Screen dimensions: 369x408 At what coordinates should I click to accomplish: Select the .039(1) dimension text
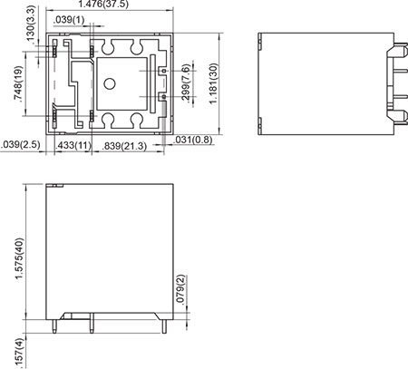coord(70,20)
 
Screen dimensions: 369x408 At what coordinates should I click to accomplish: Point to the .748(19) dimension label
coord(19,83)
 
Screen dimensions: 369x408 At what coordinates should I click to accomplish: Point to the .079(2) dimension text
coord(180,289)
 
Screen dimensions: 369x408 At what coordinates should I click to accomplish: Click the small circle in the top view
coord(109,84)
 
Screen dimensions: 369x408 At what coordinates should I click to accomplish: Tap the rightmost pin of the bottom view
coord(165,325)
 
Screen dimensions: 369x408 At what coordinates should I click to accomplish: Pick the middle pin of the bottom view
coord(92,325)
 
